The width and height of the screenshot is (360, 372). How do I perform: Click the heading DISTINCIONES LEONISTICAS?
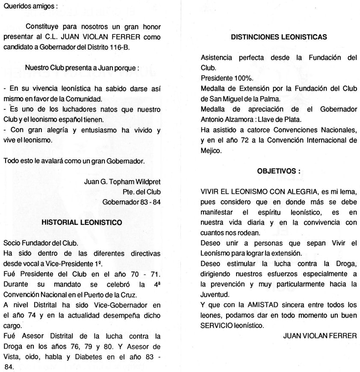pyautogui.click(x=279, y=37)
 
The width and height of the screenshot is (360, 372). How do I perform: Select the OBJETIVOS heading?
pyautogui.click(x=279, y=171)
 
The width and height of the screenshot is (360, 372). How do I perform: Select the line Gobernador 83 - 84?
pyautogui.click(x=132, y=201)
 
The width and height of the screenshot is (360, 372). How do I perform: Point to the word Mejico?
pyautogui.click(x=211, y=151)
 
